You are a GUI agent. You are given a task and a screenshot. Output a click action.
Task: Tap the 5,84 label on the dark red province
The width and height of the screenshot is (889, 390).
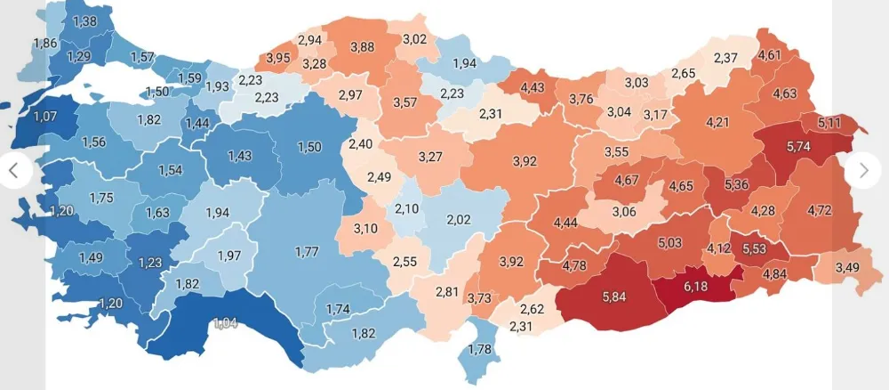(x=613, y=297)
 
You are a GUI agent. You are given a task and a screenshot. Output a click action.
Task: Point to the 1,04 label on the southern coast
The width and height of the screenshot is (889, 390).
(x=226, y=321)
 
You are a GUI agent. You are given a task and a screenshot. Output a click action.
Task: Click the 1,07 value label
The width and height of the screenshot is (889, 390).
(x=45, y=117)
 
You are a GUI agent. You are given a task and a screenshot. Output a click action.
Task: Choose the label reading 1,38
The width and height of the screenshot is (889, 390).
(x=85, y=20)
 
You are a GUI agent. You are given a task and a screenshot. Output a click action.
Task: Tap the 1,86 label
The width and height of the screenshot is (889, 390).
(x=44, y=43)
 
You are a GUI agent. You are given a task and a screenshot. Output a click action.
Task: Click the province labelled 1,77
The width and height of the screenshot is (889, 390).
(x=307, y=253)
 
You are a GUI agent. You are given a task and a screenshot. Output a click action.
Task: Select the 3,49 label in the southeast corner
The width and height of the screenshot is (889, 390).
(x=848, y=266)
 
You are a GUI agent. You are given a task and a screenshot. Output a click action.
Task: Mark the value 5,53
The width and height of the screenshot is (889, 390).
(x=755, y=248)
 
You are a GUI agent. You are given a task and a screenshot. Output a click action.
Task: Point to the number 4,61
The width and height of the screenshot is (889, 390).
(x=770, y=55)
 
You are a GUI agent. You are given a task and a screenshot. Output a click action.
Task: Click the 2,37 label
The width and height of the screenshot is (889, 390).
(x=725, y=59)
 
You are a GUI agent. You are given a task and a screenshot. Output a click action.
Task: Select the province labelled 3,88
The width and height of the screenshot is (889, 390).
(x=362, y=47)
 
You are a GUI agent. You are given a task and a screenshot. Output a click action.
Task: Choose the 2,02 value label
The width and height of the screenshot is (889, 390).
(x=458, y=219)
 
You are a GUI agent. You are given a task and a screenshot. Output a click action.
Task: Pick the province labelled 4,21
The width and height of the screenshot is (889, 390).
(x=717, y=121)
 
